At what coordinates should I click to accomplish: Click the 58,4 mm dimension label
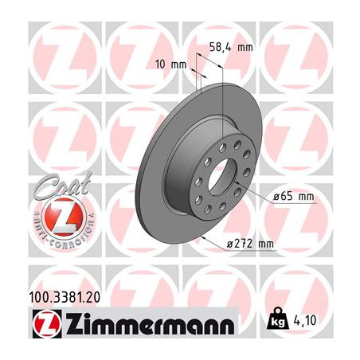click(x=231, y=47)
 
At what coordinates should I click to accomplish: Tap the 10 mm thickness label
click(x=171, y=65)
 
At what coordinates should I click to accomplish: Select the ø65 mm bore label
click(x=294, y=197)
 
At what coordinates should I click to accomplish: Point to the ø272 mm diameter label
click(x=250, y=244)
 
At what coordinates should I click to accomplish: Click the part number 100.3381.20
click(x=65, y=298)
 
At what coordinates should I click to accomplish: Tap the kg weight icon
click(x=278, y=319)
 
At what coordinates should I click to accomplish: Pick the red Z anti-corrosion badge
click(x=65, y=217)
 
